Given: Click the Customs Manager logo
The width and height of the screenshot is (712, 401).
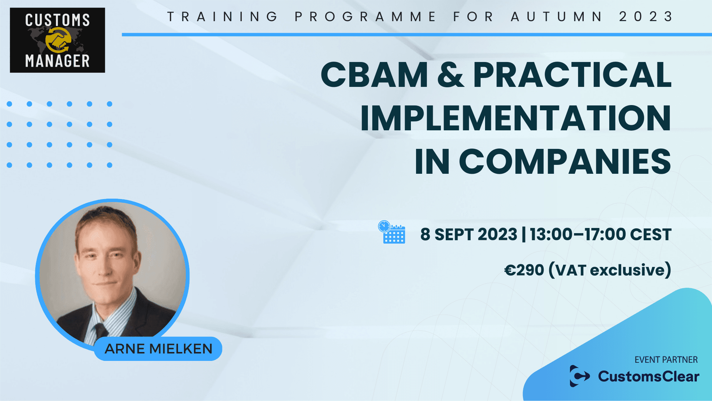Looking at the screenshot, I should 57,40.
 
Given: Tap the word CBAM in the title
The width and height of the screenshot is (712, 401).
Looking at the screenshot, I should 374,75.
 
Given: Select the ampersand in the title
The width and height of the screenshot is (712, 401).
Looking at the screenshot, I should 451,75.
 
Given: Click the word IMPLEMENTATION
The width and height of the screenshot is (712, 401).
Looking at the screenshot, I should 515,118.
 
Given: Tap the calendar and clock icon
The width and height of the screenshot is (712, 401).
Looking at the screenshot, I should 392,232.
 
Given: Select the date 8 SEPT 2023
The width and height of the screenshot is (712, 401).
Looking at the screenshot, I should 468,235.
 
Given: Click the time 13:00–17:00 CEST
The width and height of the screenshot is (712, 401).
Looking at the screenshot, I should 600,235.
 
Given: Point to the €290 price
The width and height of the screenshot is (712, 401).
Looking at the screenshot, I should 524,270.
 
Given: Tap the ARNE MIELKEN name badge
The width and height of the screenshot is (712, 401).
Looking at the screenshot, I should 158,349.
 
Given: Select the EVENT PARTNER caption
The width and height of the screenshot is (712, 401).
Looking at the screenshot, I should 666,359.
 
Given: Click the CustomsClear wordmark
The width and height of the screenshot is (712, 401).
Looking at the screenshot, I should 649,376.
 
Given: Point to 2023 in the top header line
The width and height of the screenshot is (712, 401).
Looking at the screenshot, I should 646,17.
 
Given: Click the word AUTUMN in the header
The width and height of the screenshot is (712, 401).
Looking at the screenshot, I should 557,17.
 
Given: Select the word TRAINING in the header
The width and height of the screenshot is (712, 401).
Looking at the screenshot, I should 222,17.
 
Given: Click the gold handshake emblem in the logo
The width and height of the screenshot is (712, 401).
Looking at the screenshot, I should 58,40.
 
